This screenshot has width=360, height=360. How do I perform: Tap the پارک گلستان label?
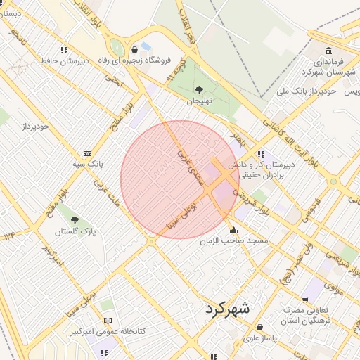(x=75, y=231)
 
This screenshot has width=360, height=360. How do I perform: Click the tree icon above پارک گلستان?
(x=75, y=220)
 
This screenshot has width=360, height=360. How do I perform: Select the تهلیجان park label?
(x=199, y=101)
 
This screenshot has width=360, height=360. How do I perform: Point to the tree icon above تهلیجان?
(x=199, y=90)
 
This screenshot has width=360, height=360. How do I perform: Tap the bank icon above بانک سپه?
(x=87, y=153)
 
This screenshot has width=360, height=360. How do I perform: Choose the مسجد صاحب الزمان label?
(x=235, y=240)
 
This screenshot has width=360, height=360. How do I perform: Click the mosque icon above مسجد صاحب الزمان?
(x=233, y=230)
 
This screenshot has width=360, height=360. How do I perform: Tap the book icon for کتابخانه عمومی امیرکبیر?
(x=107, y=321)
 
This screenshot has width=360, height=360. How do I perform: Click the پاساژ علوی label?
(x=262, y=337)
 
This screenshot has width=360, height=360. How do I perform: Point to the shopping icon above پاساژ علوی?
(x=261, y=327)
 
